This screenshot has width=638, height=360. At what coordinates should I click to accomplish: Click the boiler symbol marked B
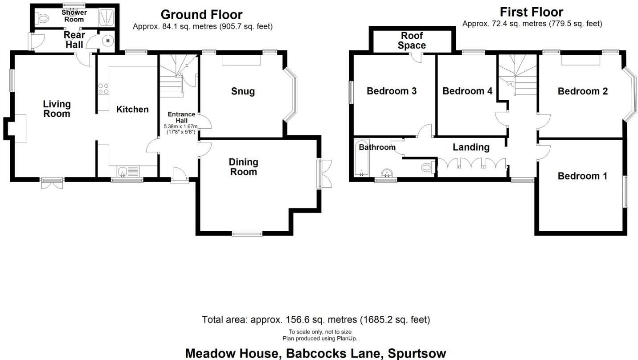[108, 41]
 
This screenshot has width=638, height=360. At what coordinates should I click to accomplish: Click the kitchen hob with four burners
[103, 88]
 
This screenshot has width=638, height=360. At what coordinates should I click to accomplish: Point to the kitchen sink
[123, 172]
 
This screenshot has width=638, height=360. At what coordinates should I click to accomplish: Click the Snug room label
[243, 91]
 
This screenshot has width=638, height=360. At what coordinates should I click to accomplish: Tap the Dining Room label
[244, 167]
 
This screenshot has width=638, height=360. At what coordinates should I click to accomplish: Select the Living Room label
[57, 109]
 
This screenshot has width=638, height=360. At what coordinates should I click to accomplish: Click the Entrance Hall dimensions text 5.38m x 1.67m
[180, 126]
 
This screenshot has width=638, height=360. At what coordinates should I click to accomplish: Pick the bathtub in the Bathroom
[362, 158]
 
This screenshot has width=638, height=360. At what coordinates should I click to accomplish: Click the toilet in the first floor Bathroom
[428, 167]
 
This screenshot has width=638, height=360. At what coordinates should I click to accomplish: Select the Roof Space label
[412, 41]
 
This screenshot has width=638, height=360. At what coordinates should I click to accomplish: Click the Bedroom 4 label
[467, 91]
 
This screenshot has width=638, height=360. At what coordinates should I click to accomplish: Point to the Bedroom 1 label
[582, 176]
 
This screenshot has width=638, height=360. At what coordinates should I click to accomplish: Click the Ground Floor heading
[202, 15]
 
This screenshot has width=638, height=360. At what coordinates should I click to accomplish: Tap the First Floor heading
[532, 12]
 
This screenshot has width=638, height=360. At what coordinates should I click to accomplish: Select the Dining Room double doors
[325, 174]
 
